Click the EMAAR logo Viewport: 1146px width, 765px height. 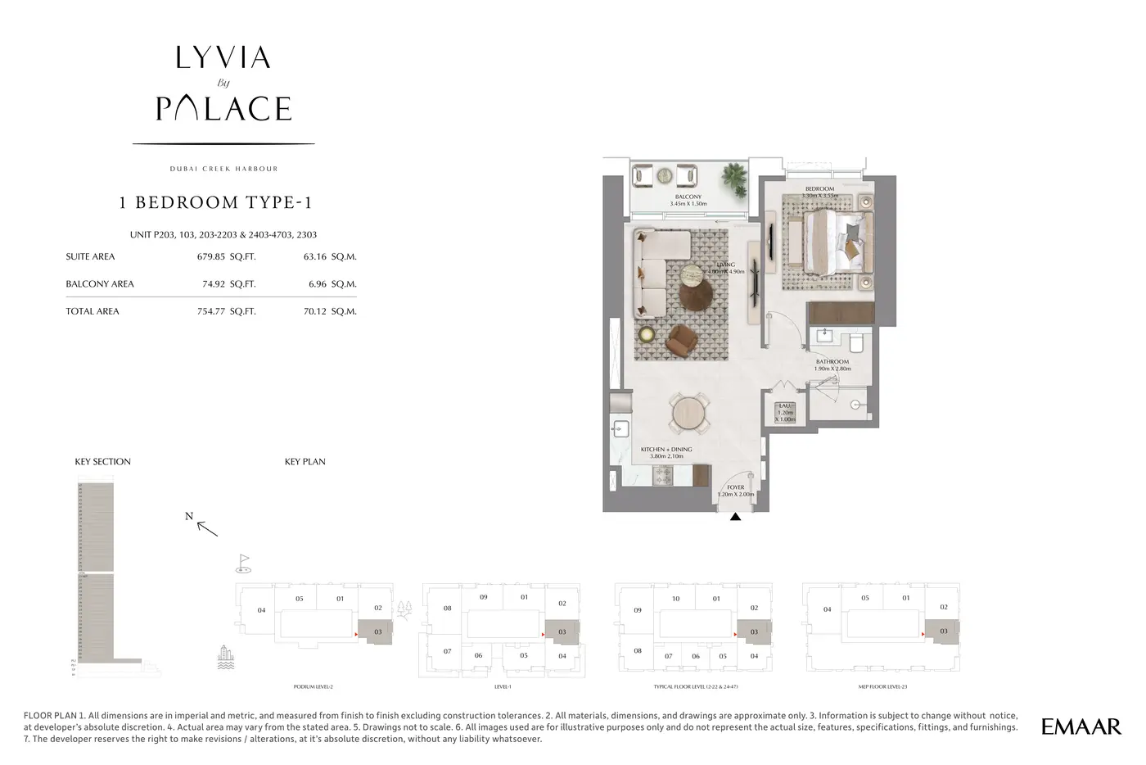[x=1081, y=726]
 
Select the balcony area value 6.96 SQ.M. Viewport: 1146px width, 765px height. [x=330, y=284]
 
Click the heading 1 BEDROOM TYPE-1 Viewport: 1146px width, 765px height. [x=215, y=202]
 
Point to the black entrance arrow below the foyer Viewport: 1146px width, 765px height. [x=735, y=517]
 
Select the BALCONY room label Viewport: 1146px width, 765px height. [x=688, y=197]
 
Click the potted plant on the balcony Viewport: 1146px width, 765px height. [x=734, y=176]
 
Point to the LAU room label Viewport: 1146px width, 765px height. [x=785, y=405]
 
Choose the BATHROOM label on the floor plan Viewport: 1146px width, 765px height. [x=832, y=361]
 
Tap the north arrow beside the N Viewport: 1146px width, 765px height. [x=208, y=528]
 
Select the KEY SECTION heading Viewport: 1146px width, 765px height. [x=102, y=462]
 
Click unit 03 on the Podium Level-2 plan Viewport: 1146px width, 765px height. [x=377, y=632]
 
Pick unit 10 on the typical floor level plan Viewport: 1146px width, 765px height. [x=675, y=599]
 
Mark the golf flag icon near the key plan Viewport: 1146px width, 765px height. [x=243, y=562]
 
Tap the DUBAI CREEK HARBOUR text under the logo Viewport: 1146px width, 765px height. [x=223, y=169]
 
